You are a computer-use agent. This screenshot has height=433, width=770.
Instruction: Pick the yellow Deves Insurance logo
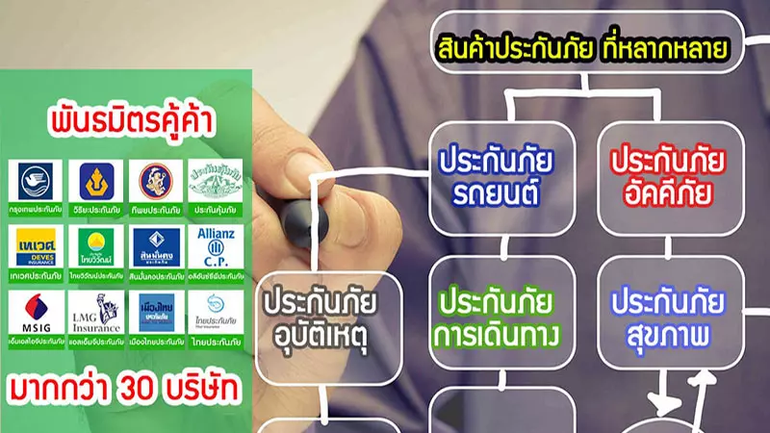[x=37, y=247]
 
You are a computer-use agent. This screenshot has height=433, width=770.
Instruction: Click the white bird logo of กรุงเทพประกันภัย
[x=37, y=180]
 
